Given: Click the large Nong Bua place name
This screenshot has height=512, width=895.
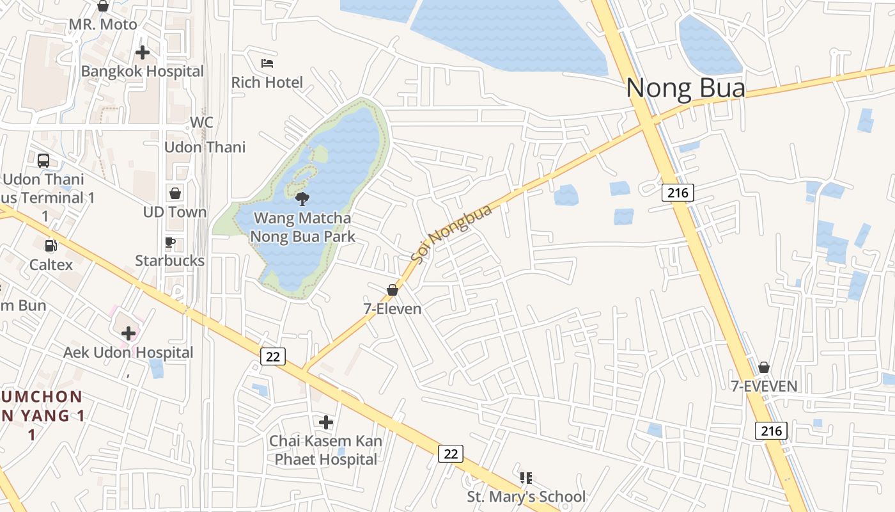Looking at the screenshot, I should point(685,88).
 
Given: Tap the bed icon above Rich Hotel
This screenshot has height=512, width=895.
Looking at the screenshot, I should point(267,63).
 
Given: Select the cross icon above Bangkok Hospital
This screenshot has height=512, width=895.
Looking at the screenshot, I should point(142,52).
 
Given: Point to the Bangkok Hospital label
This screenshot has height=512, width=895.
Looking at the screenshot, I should point(142,71).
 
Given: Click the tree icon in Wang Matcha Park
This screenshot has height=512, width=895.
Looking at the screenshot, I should point(302,198).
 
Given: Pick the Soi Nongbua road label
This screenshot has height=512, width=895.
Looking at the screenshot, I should point(451,234).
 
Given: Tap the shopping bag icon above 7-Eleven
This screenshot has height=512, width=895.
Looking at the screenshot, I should point(393,291).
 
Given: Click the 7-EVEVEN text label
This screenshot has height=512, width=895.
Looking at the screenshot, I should point(764,386).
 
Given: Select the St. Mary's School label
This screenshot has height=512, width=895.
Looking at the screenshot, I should point(525,497).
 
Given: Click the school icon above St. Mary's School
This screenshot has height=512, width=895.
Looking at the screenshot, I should point(525,478).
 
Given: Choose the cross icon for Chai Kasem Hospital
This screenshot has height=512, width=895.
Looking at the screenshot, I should point(326,422).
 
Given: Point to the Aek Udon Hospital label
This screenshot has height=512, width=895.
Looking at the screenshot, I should point(128,353).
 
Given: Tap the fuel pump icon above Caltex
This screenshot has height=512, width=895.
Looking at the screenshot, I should point(51,246).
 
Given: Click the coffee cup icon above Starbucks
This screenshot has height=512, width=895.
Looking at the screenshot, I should point(170,243).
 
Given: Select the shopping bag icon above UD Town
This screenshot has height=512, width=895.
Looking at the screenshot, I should point(175,193).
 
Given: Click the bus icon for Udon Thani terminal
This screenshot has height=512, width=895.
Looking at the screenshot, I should point(43,161).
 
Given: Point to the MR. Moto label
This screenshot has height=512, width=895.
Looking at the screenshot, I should point(103,24).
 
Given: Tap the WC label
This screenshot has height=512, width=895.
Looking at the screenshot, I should point(201,122).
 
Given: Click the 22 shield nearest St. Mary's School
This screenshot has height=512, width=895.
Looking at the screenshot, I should point(451,454).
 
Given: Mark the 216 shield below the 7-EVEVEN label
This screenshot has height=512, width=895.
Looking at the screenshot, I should point(772,431).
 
